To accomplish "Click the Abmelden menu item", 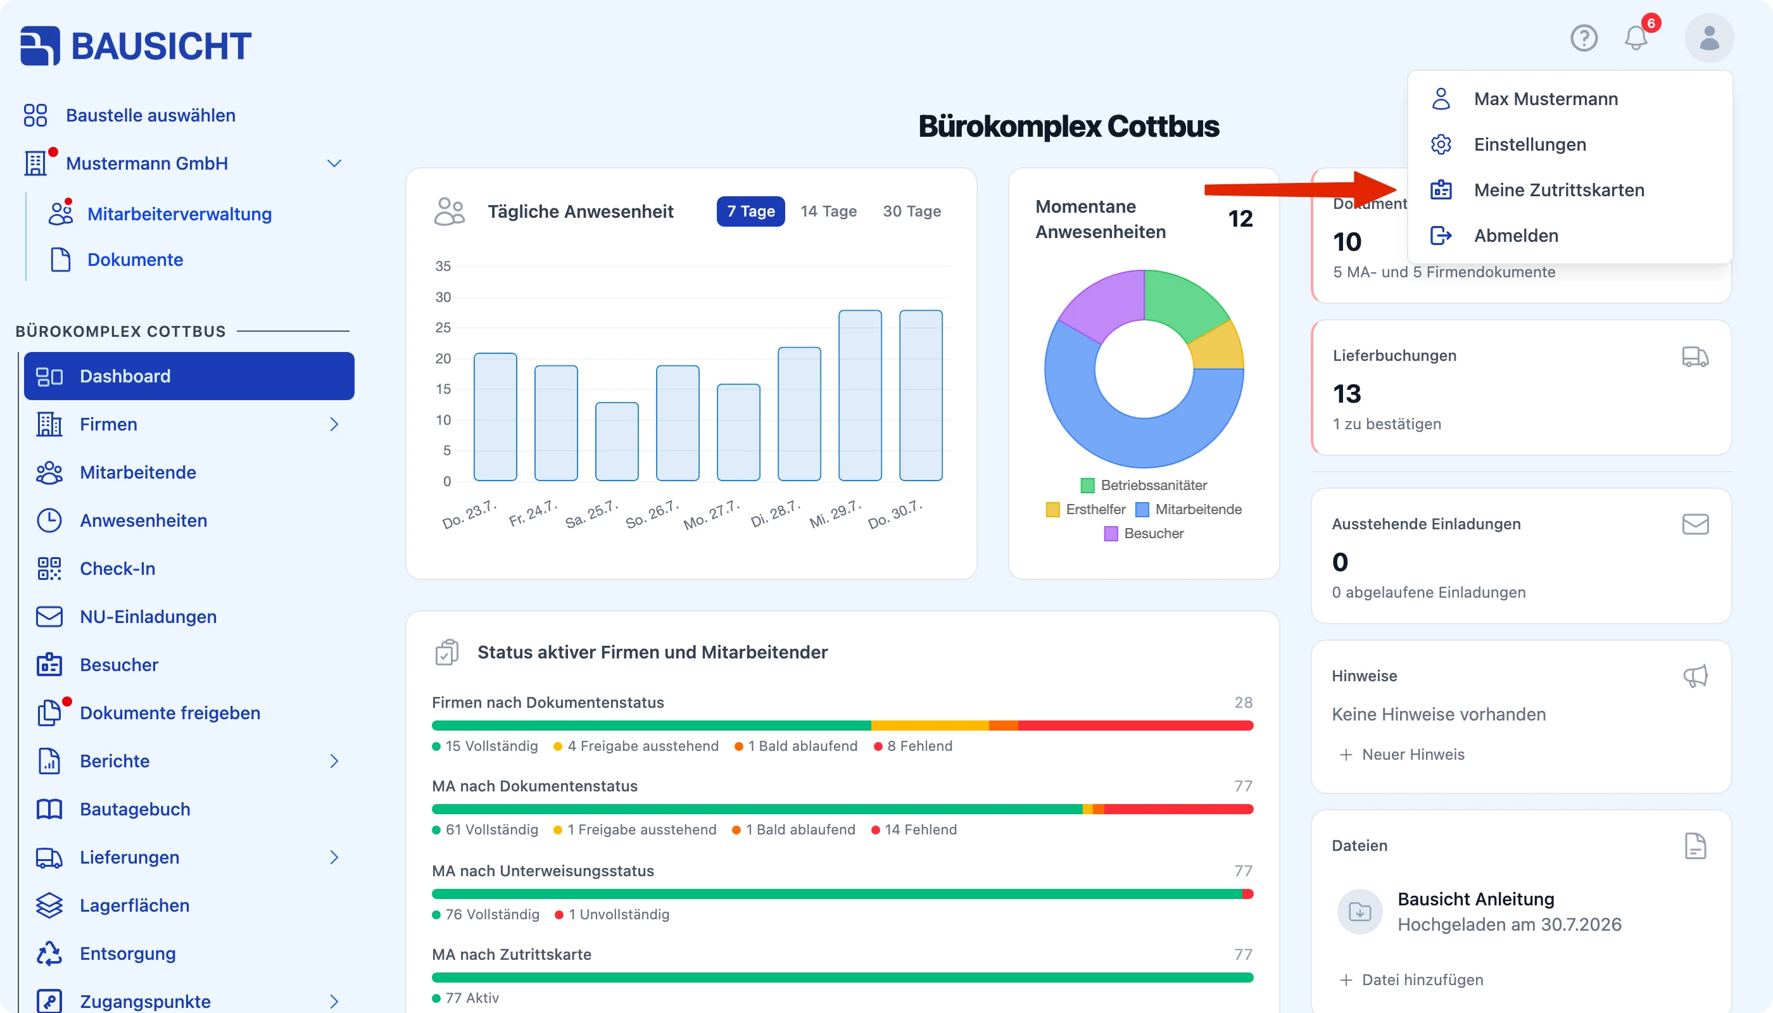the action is tap(1515, 236).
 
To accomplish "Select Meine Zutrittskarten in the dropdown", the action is tap(1559, 190).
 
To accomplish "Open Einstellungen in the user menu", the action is tap(1529, 145).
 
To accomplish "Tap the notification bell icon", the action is tap(1636, 37).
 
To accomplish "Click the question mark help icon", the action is tap(1584, 37).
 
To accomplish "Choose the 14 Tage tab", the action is tap(828, 211).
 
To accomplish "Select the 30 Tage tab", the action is tap(912, 211).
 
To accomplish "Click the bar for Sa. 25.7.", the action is tap(617, 442).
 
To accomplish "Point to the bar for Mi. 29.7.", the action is tap(860, 395).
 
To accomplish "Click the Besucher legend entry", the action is tap(1144, 534).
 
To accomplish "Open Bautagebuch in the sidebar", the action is tap(135, 809).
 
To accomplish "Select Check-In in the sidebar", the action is tap(117, 569).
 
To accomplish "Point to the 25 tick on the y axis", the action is tap(443, 328).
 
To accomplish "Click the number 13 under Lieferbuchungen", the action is tap(1347, 394).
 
